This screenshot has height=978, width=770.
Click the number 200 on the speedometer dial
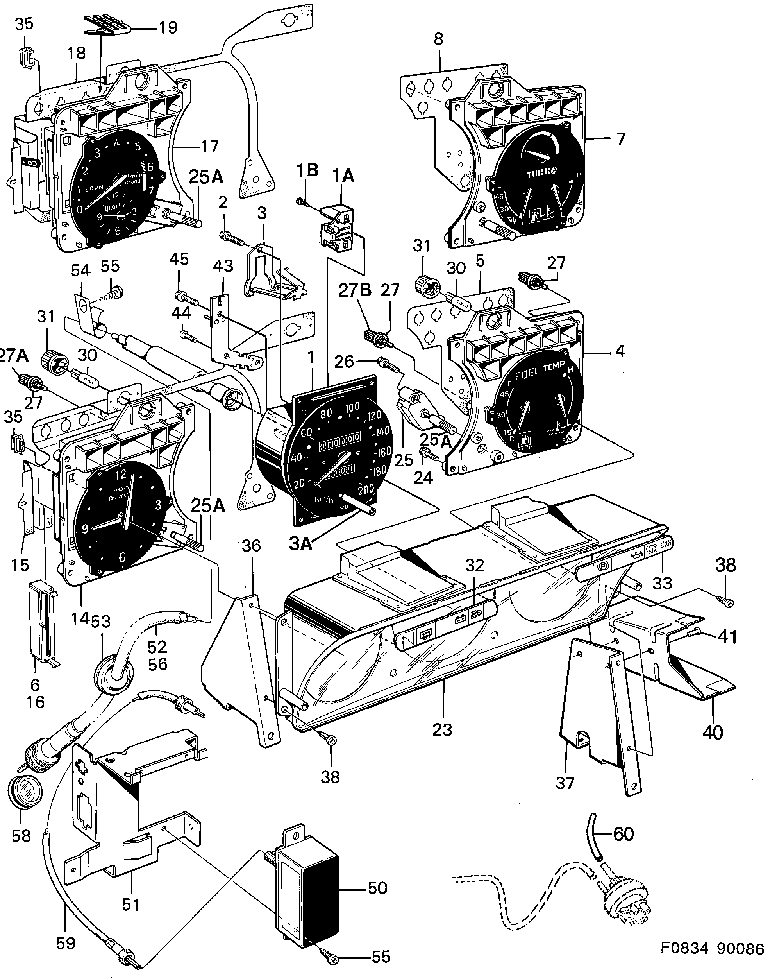[365, 489]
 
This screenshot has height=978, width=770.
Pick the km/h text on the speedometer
[324, 500]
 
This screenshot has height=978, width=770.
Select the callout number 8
[438, 39]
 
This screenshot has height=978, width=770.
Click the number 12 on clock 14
[121, 475]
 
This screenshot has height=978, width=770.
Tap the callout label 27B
[355, 290]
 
